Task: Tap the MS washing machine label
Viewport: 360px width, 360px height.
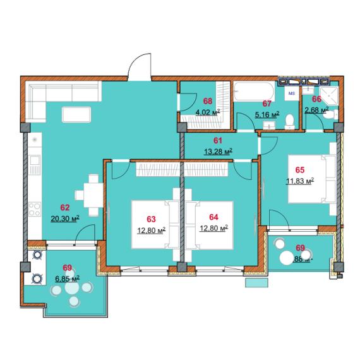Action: pyautogui.click(x=292, y=93)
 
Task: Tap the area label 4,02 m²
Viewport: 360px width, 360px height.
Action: pyautogui.click(x=207, y=112)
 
